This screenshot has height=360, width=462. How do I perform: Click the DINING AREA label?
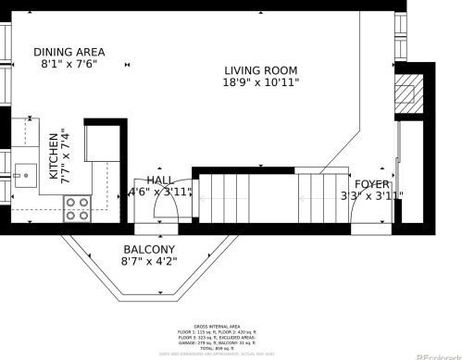point(69,51)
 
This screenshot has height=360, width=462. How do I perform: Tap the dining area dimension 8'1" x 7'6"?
point(69,65)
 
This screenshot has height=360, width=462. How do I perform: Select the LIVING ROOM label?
point(261,70)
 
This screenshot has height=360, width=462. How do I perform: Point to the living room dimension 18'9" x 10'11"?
point(261,83)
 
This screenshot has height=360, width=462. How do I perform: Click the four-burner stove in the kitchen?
point(77,210)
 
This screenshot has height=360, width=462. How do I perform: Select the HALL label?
point(161,180)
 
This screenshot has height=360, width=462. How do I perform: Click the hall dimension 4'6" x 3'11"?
point(161,192)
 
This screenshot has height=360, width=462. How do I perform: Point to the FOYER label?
point(372,183)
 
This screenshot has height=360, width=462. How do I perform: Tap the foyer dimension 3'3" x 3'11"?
point(372,195)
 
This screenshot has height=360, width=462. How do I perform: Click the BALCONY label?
point(149,250)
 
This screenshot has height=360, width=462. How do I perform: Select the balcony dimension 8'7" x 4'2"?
point(149,262)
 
